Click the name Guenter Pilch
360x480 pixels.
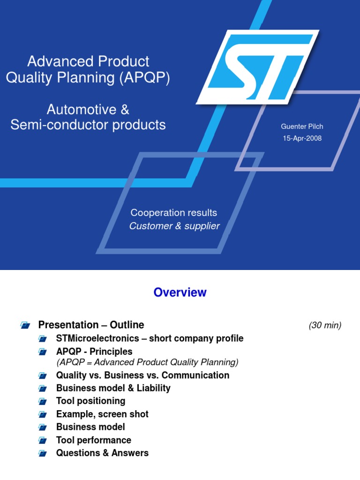(302, 127)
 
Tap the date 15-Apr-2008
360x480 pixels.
(302, 138)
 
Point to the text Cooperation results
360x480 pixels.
(174, 213)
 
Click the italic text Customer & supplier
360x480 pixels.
(174, 226)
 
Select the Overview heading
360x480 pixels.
(180, 292)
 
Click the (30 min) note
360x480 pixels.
(325, 325)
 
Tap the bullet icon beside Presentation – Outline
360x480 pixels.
(25, 325)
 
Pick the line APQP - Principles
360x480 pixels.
(94, 352)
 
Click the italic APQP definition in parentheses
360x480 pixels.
(147, 362)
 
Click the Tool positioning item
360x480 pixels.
(90, 401)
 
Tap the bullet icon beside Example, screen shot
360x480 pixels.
(43, 414)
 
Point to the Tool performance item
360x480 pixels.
(93, 440)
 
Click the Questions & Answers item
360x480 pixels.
(102, 453)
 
